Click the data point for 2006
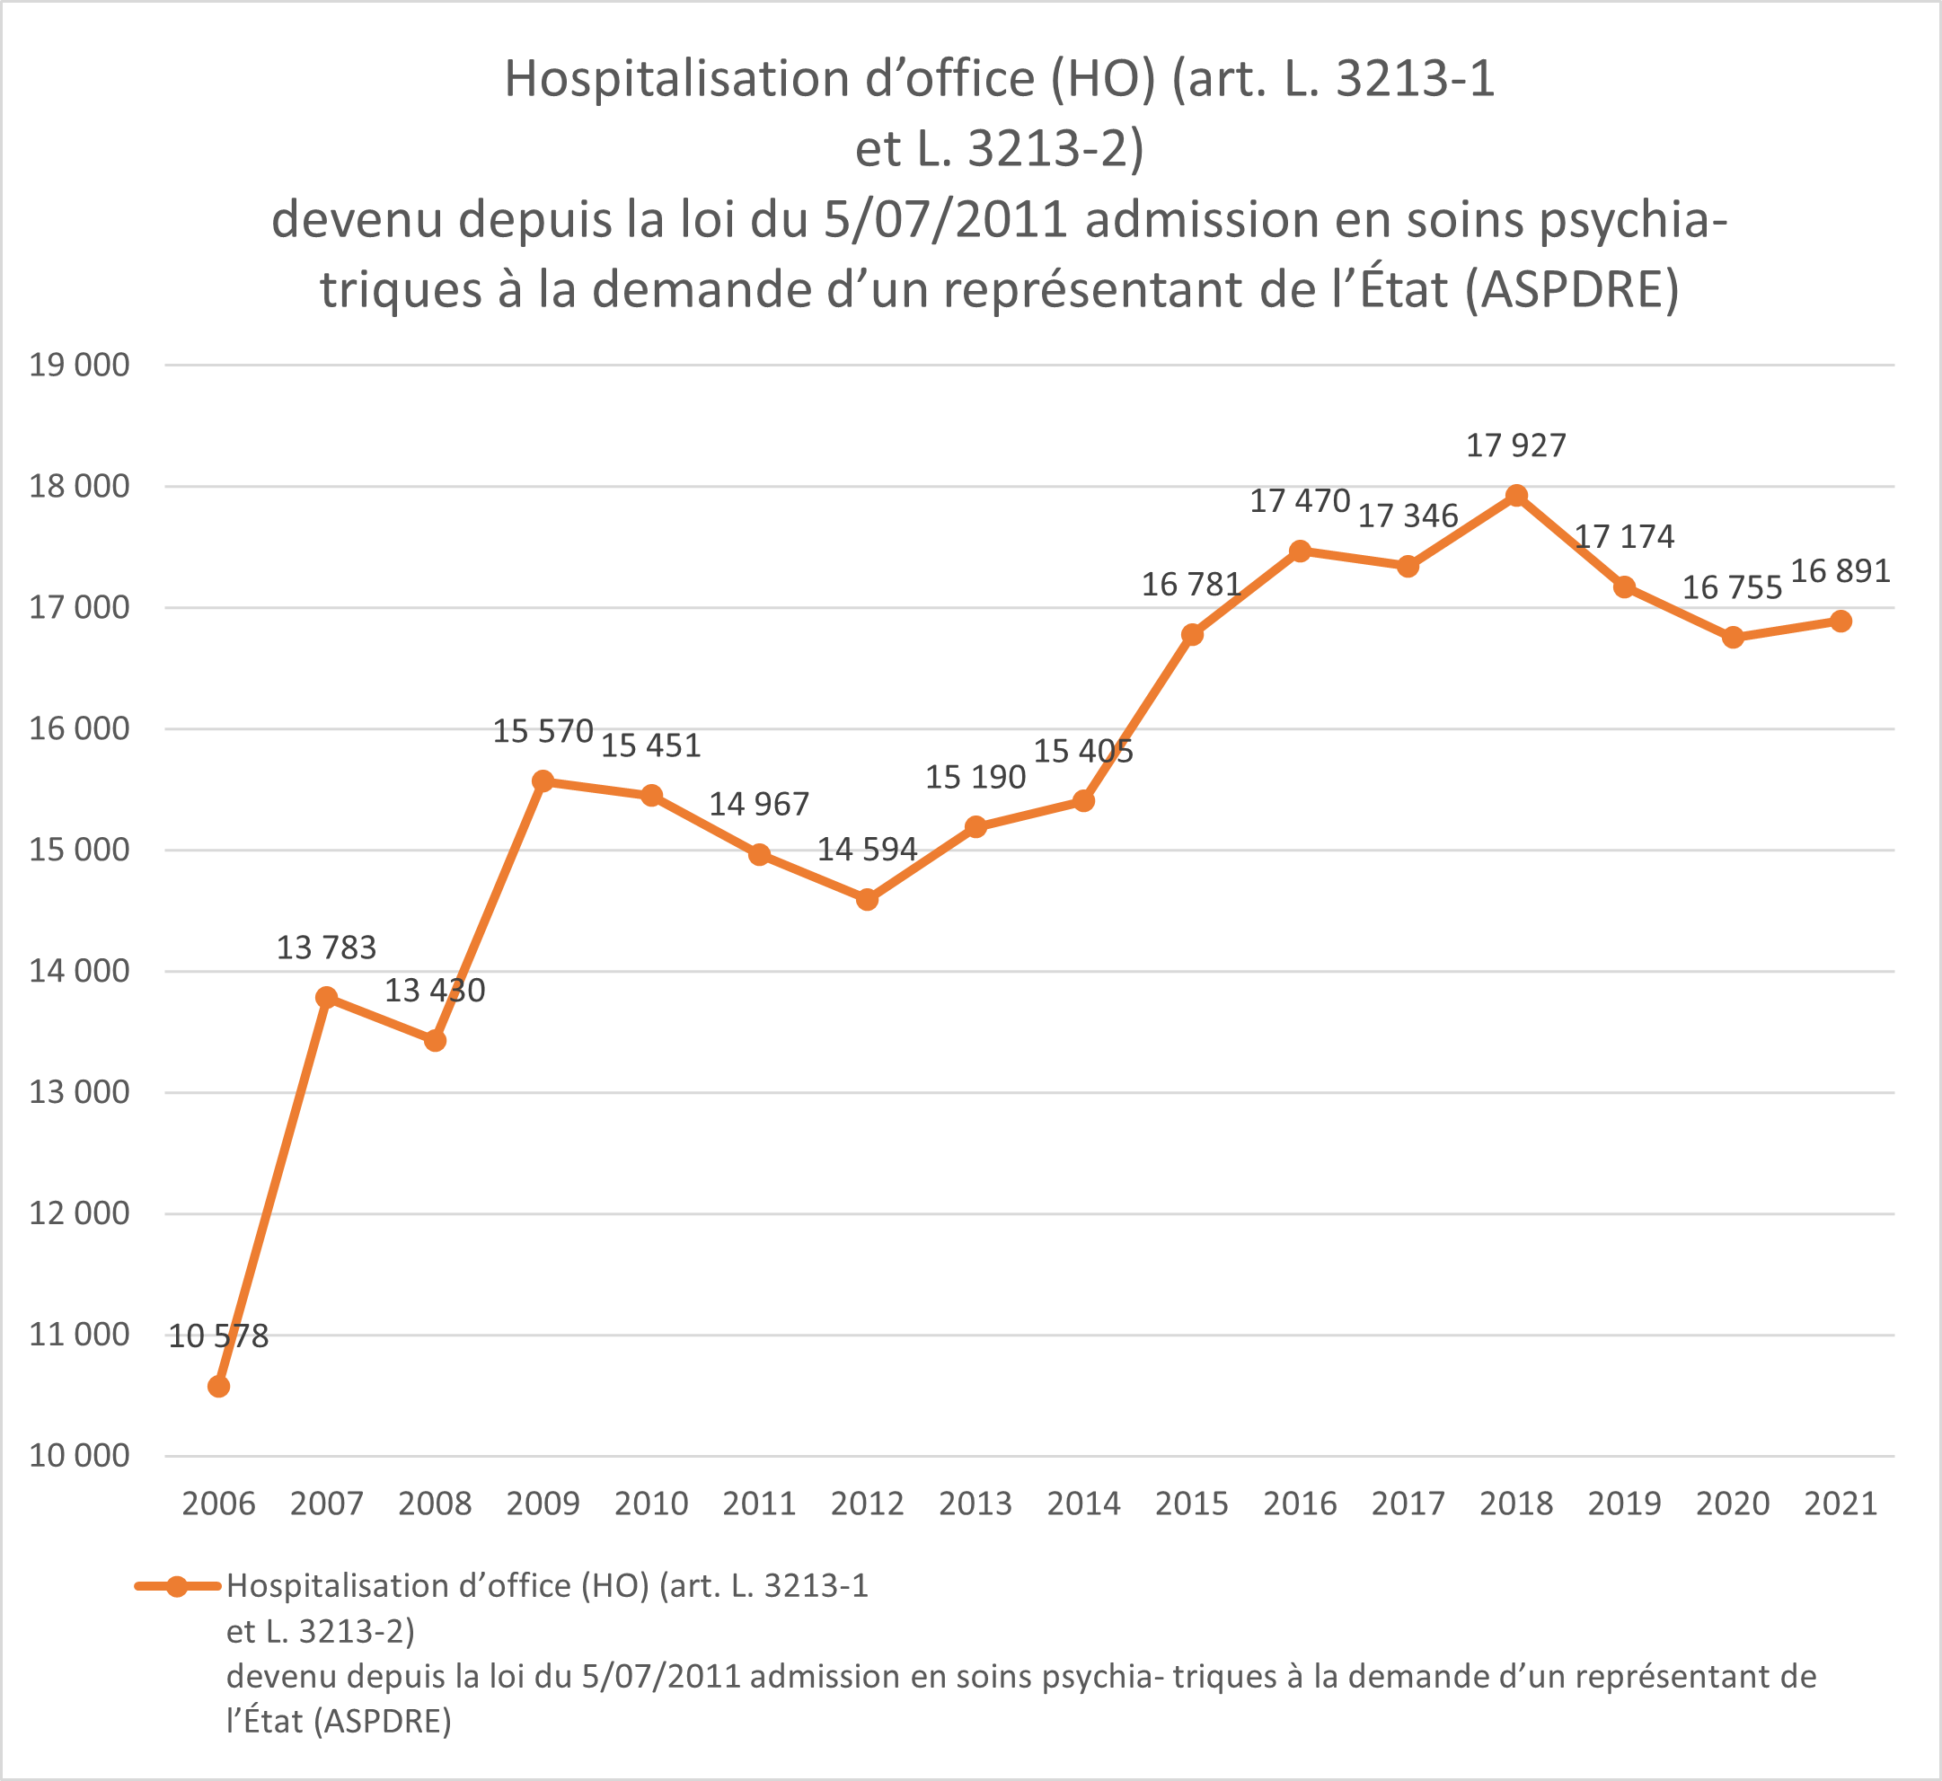coord(219,1387)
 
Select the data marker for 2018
coord(1516,497)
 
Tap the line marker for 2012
coord(868,900)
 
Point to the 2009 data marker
coord(543,780)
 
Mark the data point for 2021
coord(1840,622)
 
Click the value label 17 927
coord(1516,445)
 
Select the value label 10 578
coord(219,1336)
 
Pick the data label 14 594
coord(868,849)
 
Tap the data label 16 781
coord(1191,584)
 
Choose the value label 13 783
coord(327,948)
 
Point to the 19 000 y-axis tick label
coord(79,366)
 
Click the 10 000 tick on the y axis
coord(79,1455)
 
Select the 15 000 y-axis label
coord(79,850)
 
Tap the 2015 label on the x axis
coord(1191,1503)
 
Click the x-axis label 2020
coord(1733,1503)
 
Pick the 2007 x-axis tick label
coord(327,1503)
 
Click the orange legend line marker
coord(177,1586)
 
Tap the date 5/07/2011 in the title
coord(946,220)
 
